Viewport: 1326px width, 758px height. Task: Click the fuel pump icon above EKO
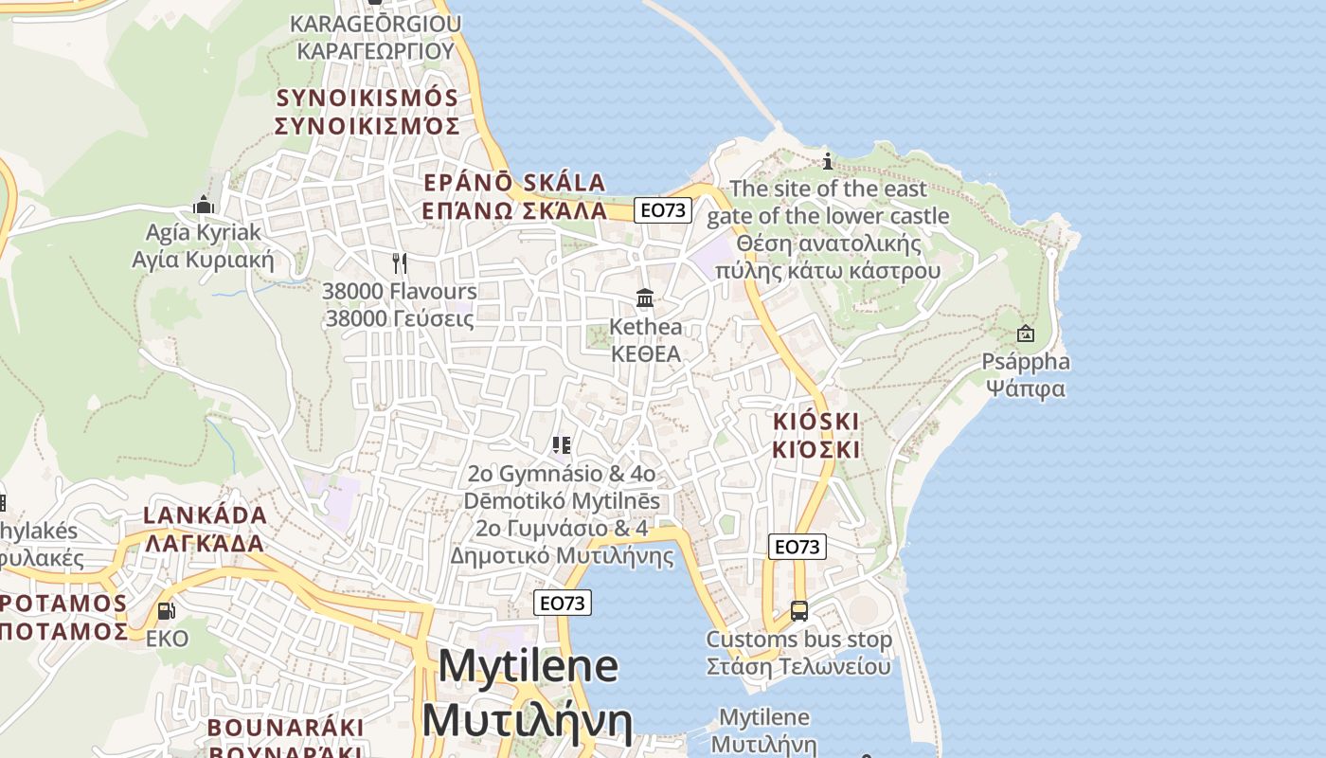pyautogui.click(x=166, y=611)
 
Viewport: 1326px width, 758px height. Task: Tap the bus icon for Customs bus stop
pyautogui.click(x=799, y=611)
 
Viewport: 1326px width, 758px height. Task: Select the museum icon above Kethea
pyautogui.click(x=645, y=298)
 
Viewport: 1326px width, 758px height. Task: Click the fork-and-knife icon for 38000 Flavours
pyautogui.click(x=400, y=262)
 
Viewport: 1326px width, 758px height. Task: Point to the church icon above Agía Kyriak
pyautogui.click(x=204, y=204)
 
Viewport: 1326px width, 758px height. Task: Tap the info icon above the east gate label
pyautogui.click(x=828, y=160)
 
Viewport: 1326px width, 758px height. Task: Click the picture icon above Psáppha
pyautogui.click(x=1025, y=334)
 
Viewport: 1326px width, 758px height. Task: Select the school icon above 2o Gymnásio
pyautogui.click(x=562, y=444)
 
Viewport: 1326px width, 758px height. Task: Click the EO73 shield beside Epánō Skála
pyautogui.click(x=663, y=209)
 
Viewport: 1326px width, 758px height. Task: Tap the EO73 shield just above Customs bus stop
pyautogui.click(x=797, y=547)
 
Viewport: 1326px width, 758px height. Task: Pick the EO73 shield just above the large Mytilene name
pyautogui.click(x=563, y=603)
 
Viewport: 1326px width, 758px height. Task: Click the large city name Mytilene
pyautogui.click(x=529, y=666)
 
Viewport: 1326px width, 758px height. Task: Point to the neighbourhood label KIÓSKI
pyautogui.click(x=816, y=422)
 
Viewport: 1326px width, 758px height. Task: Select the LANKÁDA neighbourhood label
pyautogui.click(x=205, y=516)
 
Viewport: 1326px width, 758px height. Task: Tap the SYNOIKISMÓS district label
pyautogui.click(x=367, y=98)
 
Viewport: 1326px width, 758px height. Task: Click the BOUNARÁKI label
pyautogui.click(x=285, y=728)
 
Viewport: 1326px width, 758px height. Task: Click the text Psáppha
pyautogui.click(x=1026, y=362)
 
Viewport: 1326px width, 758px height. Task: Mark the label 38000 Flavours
pyautogui.click(x=399, y=291)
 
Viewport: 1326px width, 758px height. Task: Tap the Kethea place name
pyautogui.click(x=645, y=327)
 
